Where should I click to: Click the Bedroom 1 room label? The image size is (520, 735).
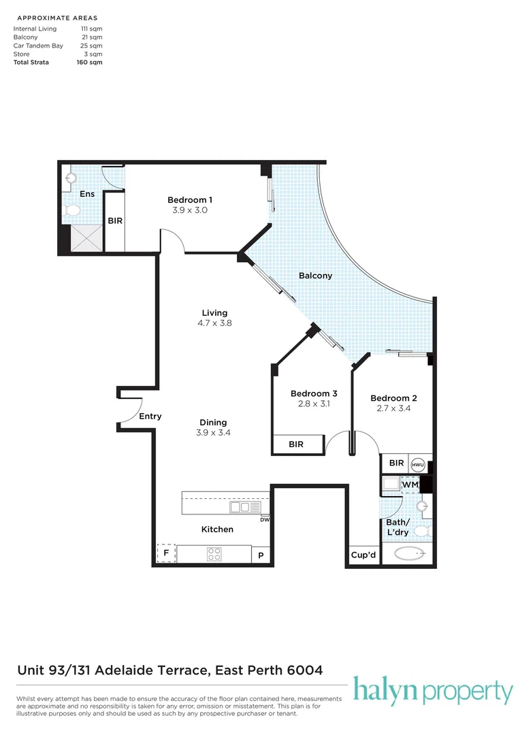click(190, 199)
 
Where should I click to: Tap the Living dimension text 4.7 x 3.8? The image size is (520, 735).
click(212, 323)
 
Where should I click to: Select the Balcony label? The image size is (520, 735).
click(316, 276)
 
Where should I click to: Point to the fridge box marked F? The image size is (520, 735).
click(166, 553)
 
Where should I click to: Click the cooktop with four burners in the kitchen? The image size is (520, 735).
click(214, 554)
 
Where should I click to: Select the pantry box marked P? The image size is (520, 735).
click(261, 555)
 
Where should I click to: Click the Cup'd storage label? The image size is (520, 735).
click(363, 555)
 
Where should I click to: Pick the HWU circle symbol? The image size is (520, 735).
click(417, 464)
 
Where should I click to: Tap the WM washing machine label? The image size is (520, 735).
click(410, 485)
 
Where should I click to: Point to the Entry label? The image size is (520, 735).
click(150, 416)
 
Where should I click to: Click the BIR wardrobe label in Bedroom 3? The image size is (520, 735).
click(296, 444)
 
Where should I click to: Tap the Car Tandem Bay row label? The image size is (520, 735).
click(38, 46)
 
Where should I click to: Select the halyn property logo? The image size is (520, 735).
click(432, 691)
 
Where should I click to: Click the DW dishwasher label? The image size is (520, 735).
click(265, 519)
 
